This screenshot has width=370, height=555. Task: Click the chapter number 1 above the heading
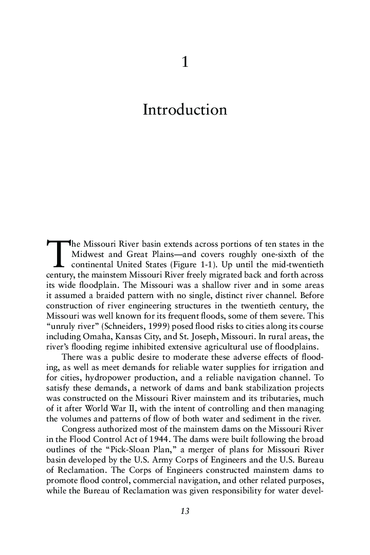point(185,63)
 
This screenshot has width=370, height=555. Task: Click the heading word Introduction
point(184,110)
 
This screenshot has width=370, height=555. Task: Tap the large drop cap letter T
point(57,253)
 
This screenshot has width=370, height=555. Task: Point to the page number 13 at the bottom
point(185,511)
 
